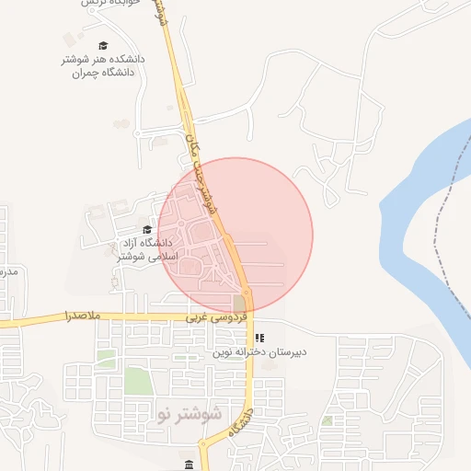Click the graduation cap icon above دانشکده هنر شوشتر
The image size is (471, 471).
(x=103, y=45)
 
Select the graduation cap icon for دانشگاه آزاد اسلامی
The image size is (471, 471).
(x=146, y=229)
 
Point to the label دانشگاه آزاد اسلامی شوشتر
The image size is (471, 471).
(x=139, y=248)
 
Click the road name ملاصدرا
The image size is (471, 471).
(x=83, y=316)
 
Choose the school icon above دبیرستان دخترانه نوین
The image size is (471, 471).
(x=259, y=338)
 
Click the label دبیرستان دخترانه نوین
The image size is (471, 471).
(x=259, y=351)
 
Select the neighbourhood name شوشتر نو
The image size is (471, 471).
(x=190, y=413)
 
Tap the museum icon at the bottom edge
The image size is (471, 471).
(x=190, y=465)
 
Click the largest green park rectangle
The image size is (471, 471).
(x=136, y=380)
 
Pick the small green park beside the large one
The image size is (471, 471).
(x=107, y=357)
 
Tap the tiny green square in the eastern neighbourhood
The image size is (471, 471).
(x=327, y=420)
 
